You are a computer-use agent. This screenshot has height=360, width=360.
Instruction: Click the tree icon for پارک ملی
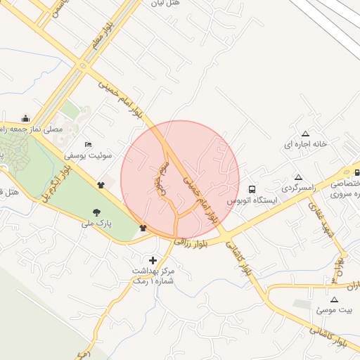(x=96, y=212)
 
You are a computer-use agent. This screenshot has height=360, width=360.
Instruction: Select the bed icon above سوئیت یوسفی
(x=87, y=144)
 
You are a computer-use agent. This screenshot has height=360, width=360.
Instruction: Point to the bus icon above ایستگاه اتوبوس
(x=252, y=188)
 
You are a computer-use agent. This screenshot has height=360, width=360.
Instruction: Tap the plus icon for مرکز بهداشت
(x=153, y=261)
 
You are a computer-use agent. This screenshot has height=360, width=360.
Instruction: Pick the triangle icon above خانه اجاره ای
(x=305, y=134)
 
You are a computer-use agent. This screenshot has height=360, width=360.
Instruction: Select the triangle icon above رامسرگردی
(x=299, y=178)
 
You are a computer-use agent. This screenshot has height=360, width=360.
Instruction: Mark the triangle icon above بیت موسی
(x=334, y=299)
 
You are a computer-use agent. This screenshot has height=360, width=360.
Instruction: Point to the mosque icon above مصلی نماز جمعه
(x=26, y=118)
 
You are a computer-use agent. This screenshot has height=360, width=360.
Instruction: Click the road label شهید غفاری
(x=324, y=224)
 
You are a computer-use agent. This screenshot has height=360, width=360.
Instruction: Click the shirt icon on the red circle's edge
(x=143, y=228)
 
